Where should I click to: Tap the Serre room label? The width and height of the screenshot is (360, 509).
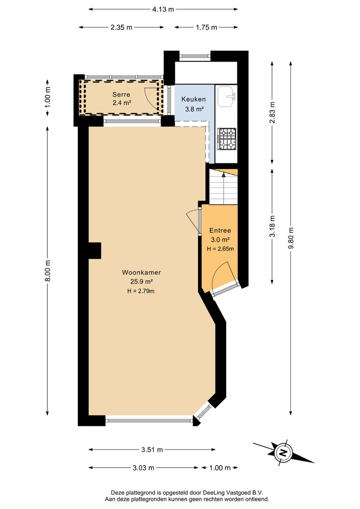click(x=121, y=95)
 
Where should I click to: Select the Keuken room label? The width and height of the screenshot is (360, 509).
click(x=193, y=100)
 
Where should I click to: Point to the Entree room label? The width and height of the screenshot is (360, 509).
click(x=219, y=231)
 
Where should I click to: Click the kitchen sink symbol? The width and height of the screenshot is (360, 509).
click(x=226, y=97)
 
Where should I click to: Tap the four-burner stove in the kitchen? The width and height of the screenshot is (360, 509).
click(x=227, y=138)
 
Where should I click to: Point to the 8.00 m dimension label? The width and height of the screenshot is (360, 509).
click(x=48, y=270)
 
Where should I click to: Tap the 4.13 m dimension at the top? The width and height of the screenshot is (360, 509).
click(x=163, y=9)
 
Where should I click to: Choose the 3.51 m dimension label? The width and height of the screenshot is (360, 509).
click(x=152, y=449)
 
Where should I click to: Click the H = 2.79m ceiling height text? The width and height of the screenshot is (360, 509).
click(x=140, y=291)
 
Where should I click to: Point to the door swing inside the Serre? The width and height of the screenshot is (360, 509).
click(x=152, y=95)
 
